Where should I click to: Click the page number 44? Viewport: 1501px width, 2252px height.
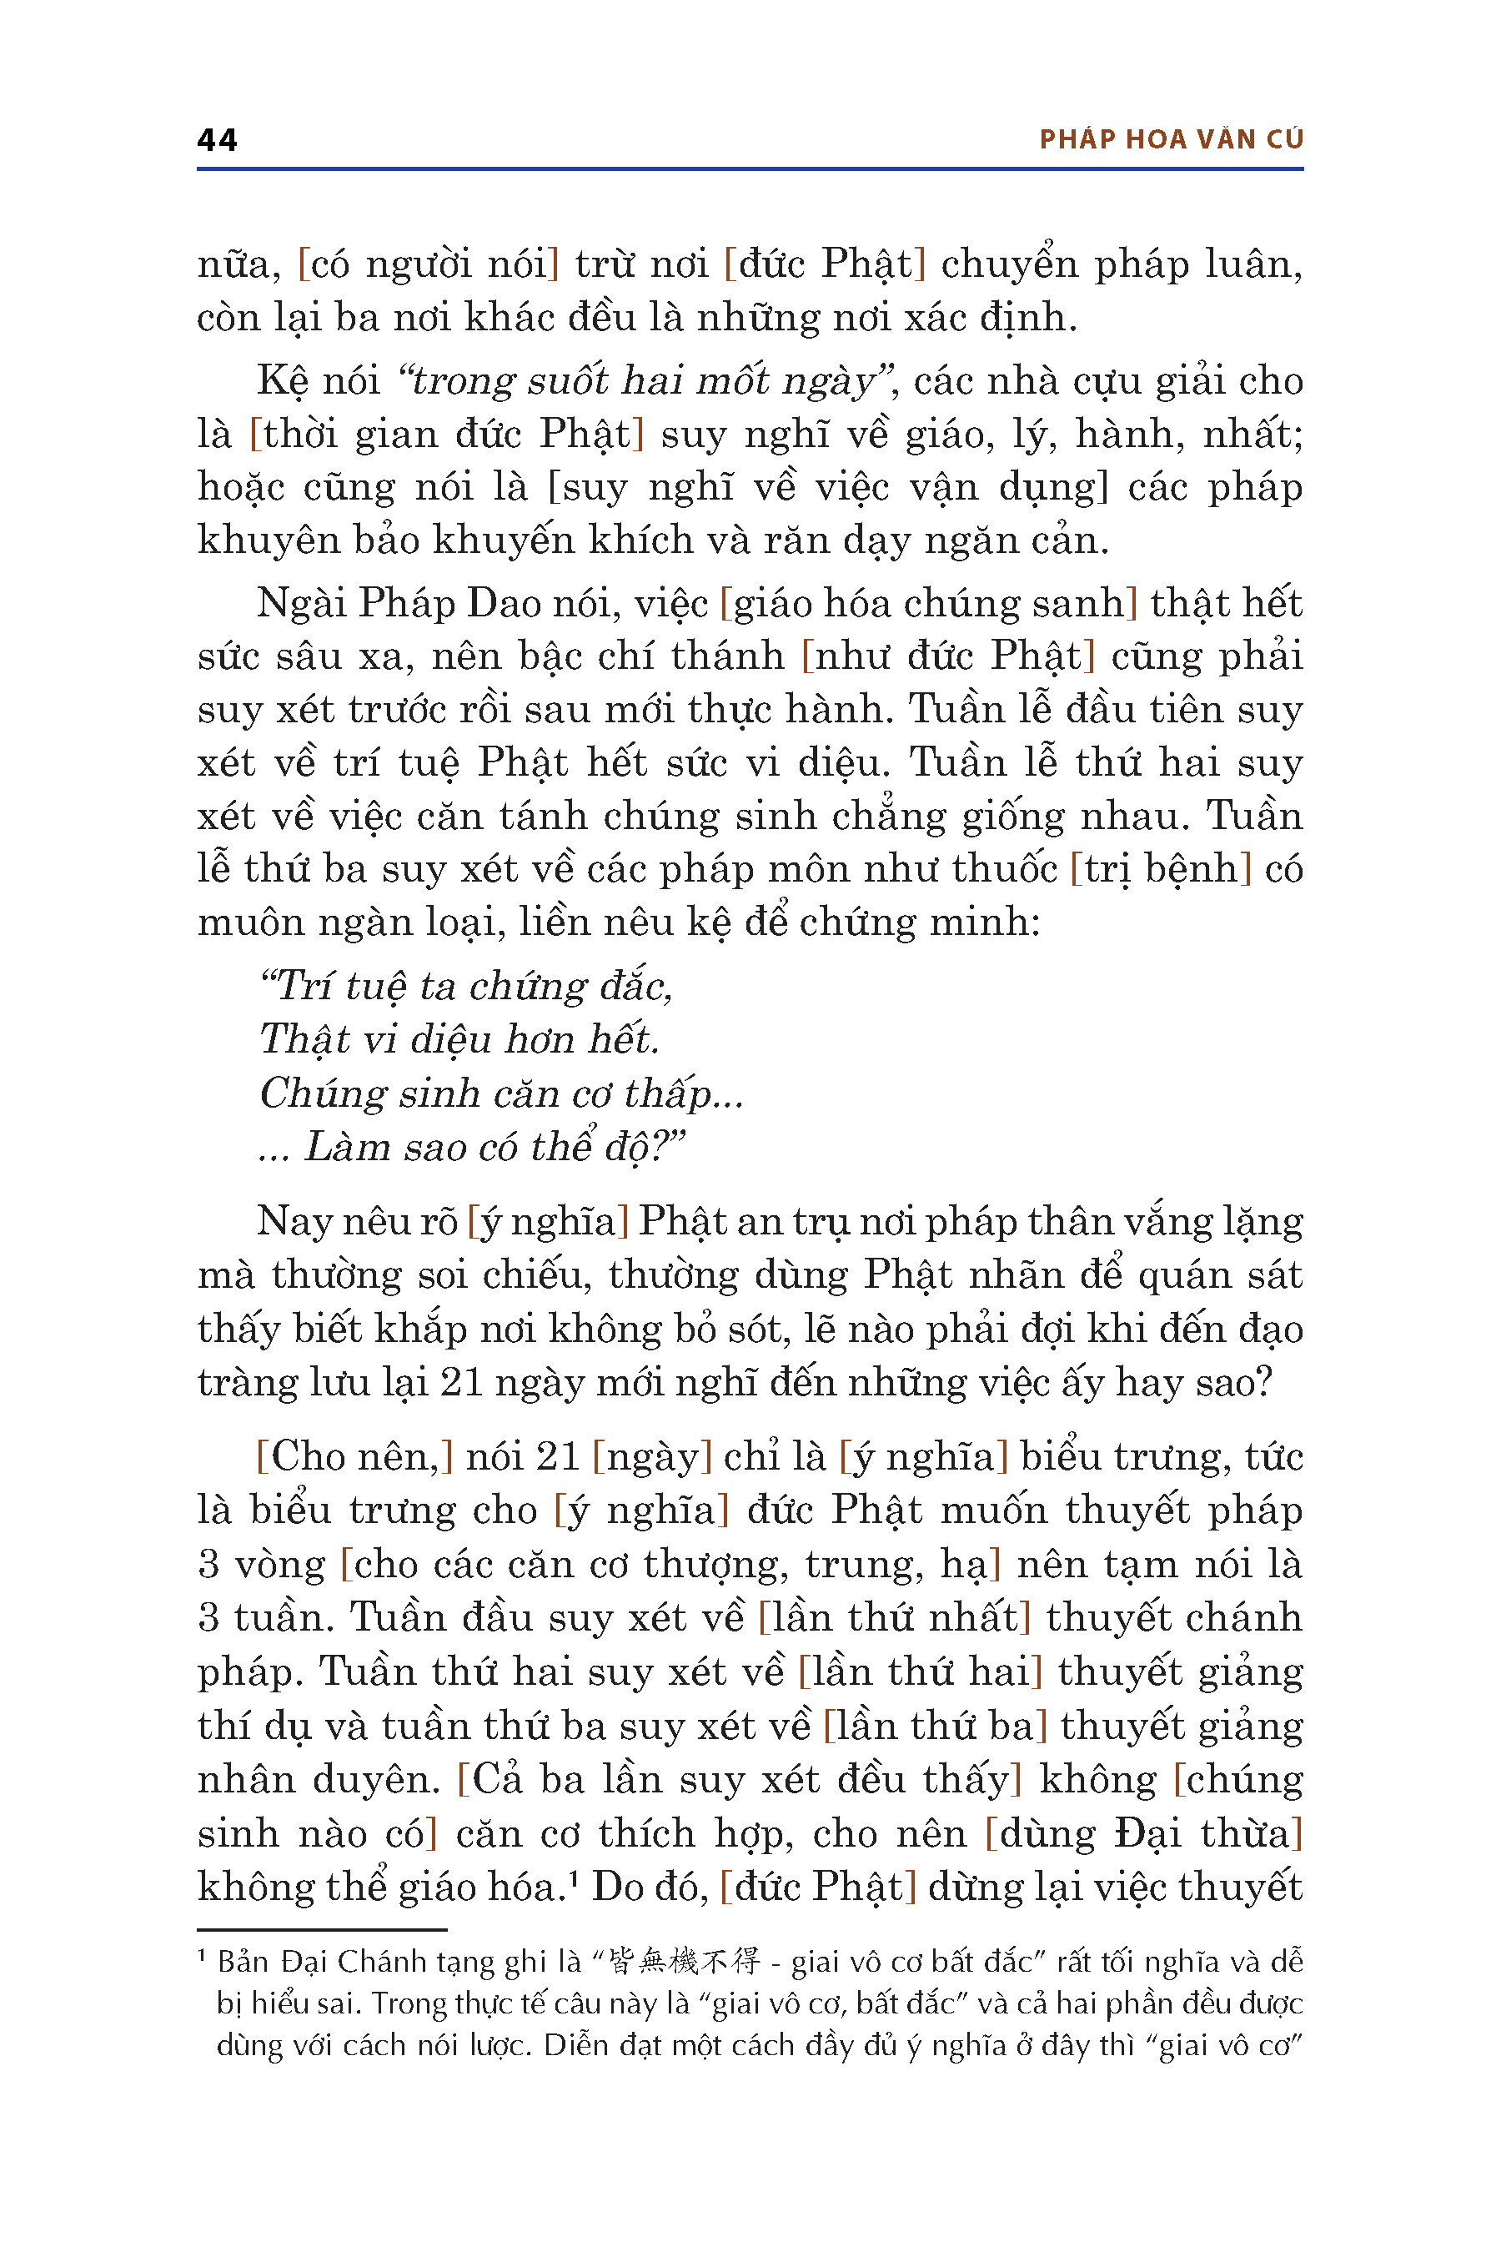click(x=218, y=140)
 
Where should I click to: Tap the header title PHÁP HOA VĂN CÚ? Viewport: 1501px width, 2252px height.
click(x=1171, y=140)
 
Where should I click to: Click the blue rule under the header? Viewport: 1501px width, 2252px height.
click(x=750, y=169)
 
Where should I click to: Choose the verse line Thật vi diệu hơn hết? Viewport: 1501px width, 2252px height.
click(x=459, y=1040)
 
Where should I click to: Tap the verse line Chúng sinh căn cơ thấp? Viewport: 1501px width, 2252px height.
click(x=500, y=1093)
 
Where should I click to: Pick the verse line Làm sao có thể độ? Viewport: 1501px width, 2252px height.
click(x=473, y=1147)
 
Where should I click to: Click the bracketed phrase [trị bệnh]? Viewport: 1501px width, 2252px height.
click(x=1160, y=869)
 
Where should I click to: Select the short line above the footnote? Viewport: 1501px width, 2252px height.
click(x=322, y=1929)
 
